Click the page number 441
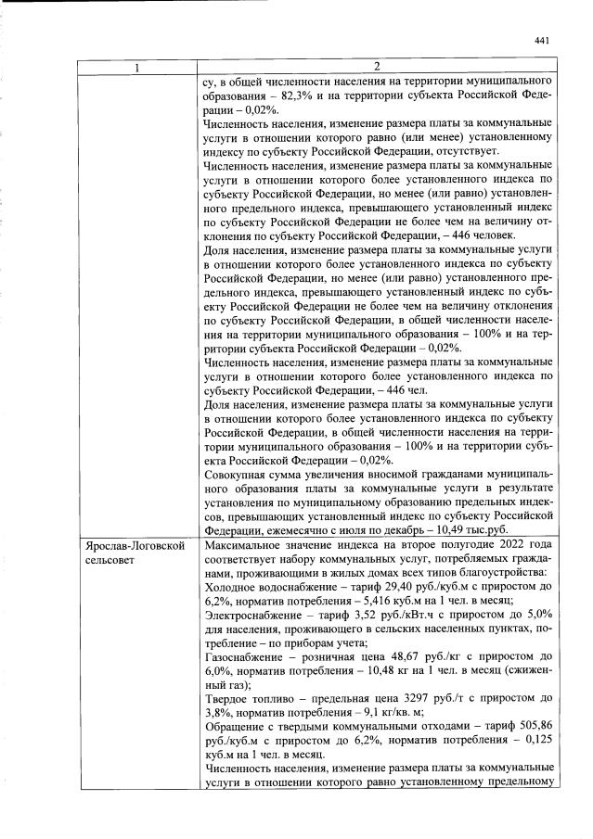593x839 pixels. pos(543,40)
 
